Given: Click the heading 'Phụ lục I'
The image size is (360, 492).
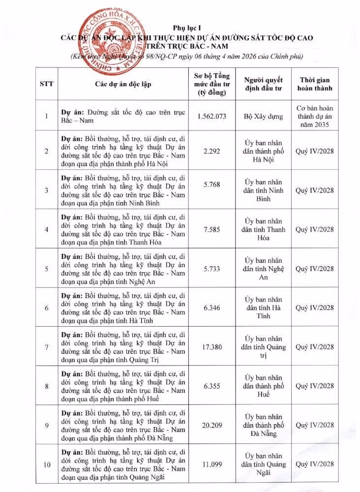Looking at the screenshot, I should point(186,28).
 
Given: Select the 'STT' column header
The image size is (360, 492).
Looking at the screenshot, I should point(46,84).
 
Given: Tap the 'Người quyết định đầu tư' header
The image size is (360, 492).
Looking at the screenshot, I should point(263,84).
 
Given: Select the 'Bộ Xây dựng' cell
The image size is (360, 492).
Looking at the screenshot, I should point(263,116).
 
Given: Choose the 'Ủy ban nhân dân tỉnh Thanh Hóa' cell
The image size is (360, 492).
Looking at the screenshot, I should point(263,229).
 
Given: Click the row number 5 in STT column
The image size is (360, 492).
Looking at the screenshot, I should point(46,269).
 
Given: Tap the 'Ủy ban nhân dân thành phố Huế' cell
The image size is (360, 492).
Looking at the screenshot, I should point(263,386).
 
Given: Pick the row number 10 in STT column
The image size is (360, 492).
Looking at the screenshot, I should point(46,464).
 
